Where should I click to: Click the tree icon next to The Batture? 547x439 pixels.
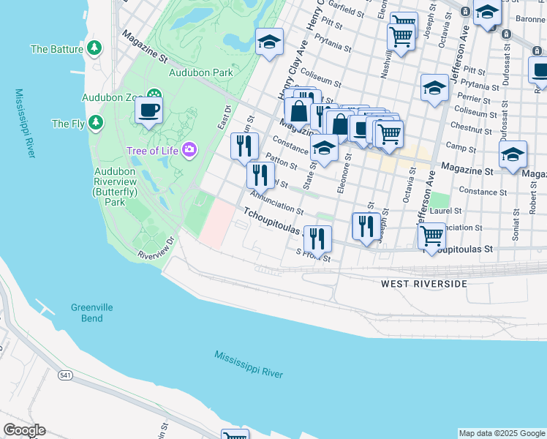(94, 49)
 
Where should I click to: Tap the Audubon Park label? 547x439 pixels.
(201, 72)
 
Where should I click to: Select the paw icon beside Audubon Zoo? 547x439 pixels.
(154, 96)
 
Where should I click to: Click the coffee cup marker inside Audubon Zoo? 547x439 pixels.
(149, 111)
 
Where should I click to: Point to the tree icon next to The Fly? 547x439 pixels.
(96, 124)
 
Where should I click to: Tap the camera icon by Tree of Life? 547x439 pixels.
(189, 150)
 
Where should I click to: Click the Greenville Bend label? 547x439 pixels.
(92, 313)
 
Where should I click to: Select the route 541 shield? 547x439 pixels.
(66, 375)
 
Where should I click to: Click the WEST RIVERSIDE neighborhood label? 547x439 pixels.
(423, 283)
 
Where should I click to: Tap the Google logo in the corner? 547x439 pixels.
(24, 429)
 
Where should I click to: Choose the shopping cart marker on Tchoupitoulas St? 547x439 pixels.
(431, 236)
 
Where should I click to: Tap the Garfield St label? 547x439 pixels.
(346, 12)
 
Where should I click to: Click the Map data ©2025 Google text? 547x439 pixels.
(502, 433)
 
